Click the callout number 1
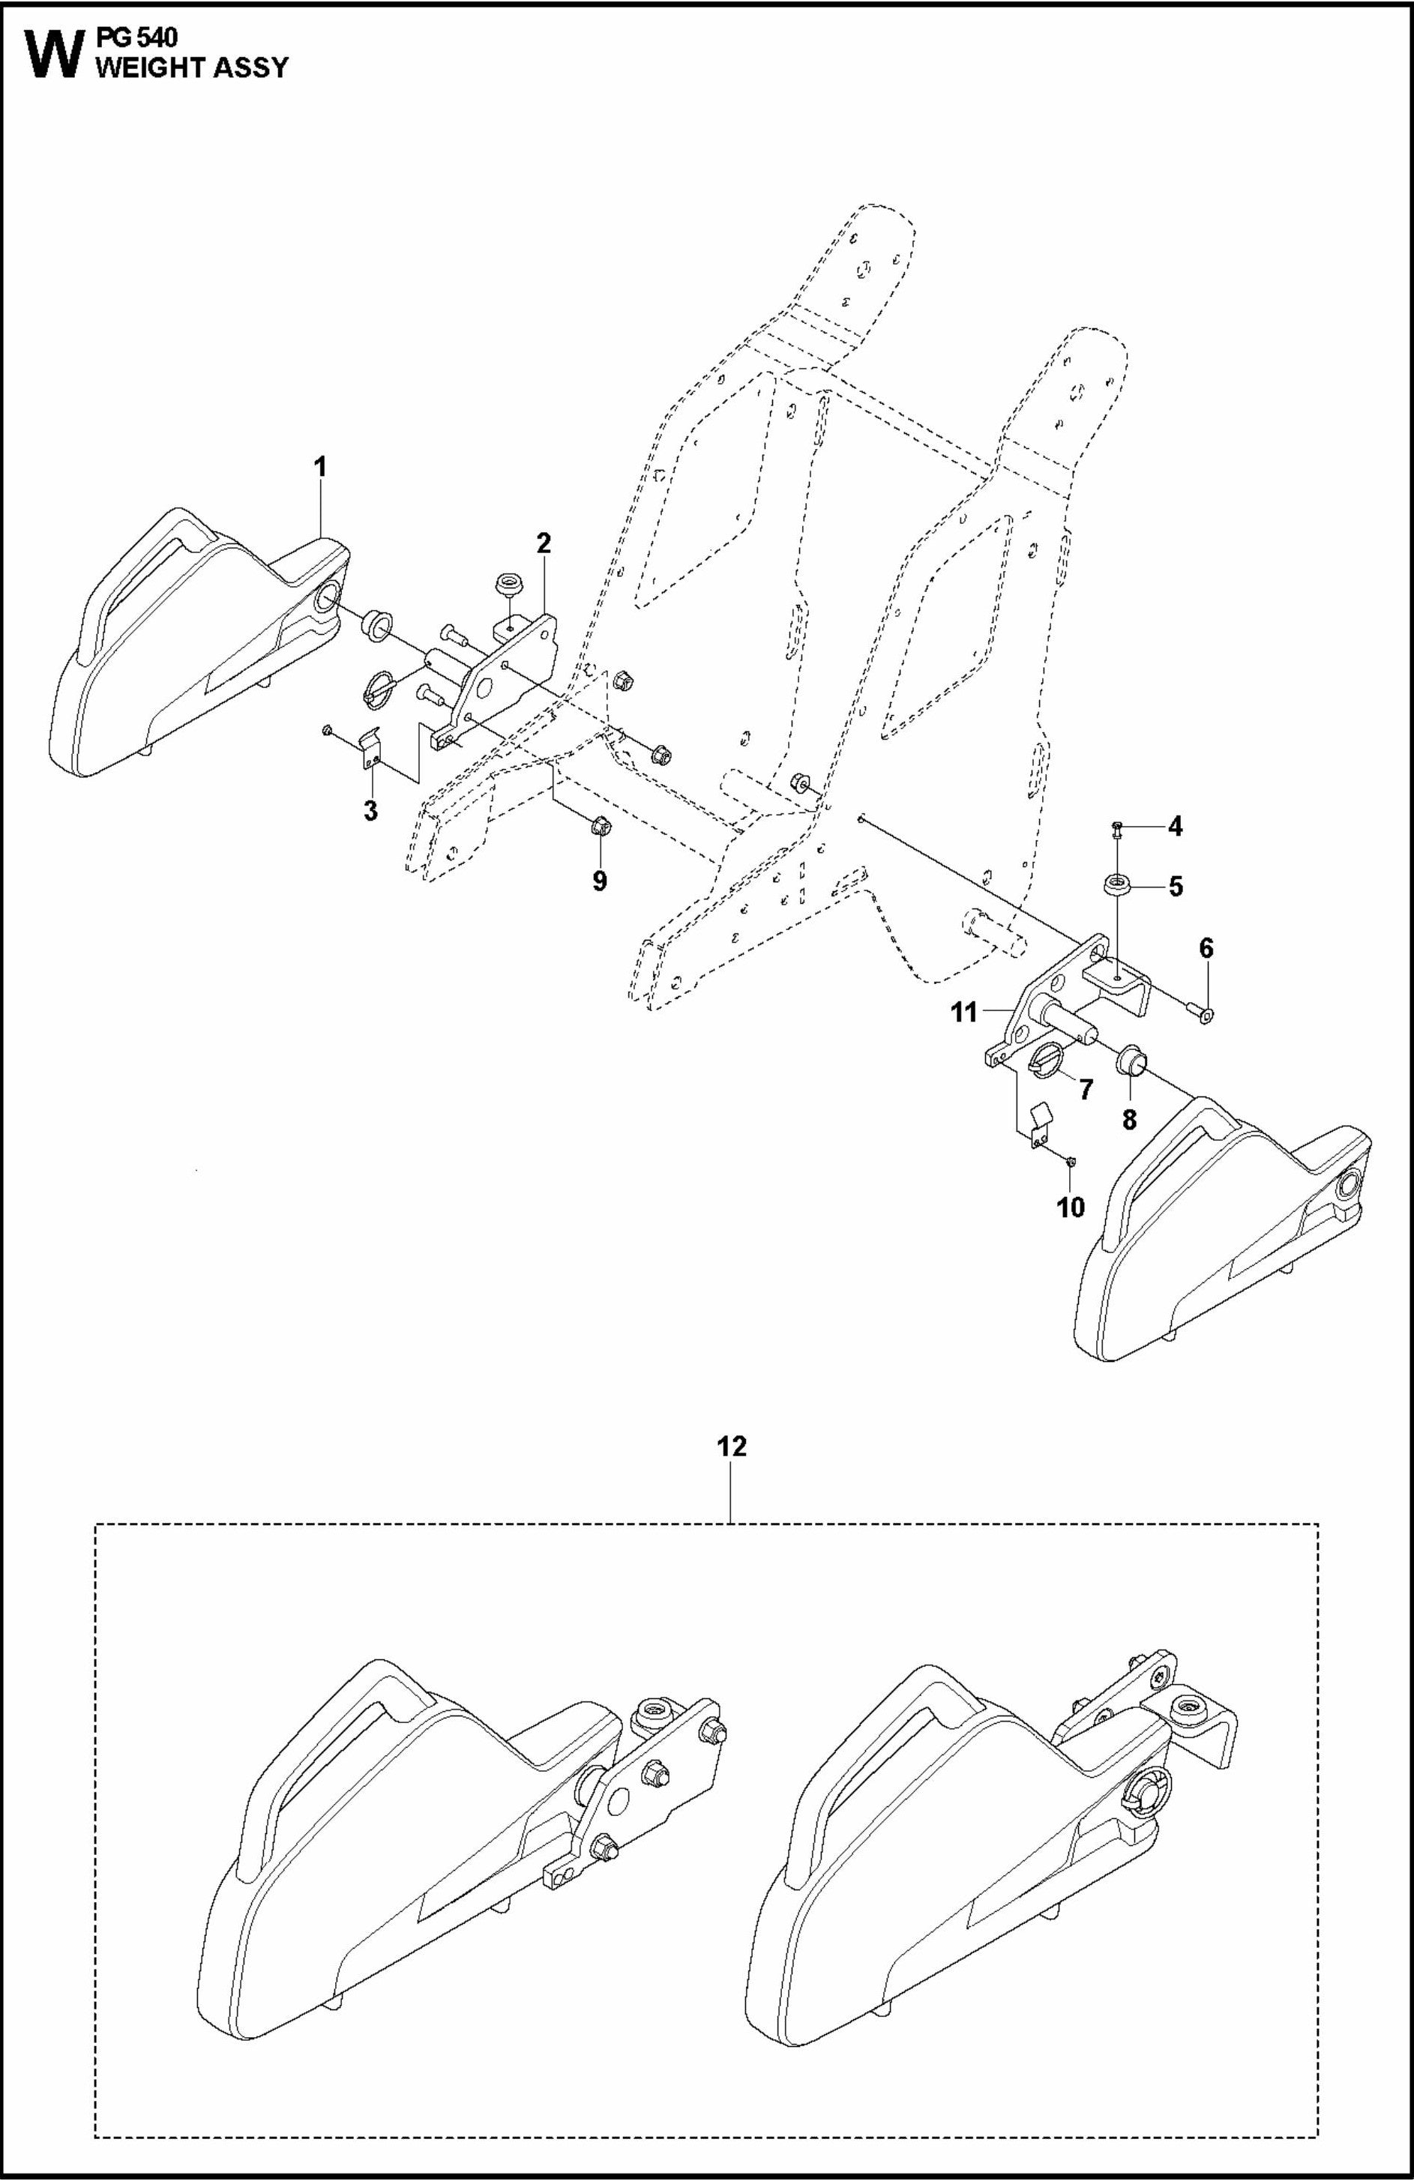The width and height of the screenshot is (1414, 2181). pos(320,466)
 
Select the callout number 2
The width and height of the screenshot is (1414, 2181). pos(544,543)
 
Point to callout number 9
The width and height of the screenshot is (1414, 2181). pos(599,881)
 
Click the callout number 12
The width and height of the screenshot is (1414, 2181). pos(731,1448)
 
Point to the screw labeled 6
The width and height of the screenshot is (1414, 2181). pos(1204,1013)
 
